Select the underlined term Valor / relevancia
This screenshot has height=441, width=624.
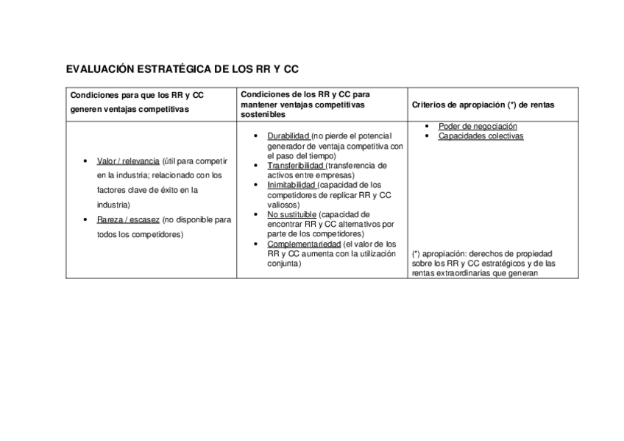(x=129, y=160)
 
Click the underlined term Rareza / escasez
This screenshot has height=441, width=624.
(x=128, y=219)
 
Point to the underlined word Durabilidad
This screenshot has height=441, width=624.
(x=288, y=136)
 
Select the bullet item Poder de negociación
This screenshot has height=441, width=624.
(x=478, y=126)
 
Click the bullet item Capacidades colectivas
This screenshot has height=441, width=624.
(x=481, y=136)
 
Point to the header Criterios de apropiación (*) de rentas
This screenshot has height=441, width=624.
(x=483, y=105)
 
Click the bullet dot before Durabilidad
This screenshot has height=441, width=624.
(x=255, y=136)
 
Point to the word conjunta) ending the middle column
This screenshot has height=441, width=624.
(x=284, y=263)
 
